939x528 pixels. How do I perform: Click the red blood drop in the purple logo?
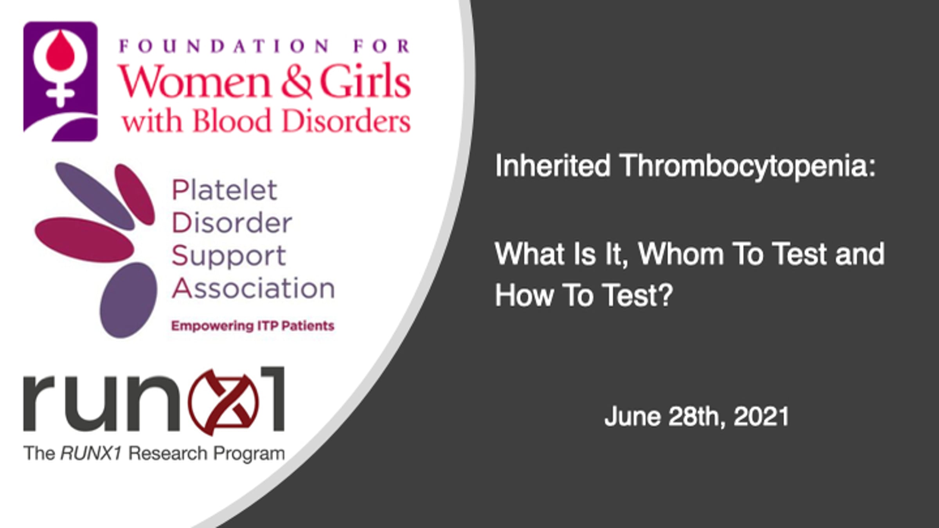tap(60, 51)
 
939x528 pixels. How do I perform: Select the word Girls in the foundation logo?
tap(365, 81)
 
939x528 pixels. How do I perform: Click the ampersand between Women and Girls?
tap(296, 81)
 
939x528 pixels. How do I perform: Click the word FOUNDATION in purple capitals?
tap(224, 47)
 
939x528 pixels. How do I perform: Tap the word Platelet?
tap(225, 190)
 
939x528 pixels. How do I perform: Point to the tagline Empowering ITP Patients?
tap(253, 326)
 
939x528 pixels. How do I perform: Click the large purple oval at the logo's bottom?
tap(128, 300)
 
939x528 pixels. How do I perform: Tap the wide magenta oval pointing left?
tap(84, 240)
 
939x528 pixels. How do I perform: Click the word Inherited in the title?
tap(552, 166)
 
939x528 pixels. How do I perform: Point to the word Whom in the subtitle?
tap(681, 254)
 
